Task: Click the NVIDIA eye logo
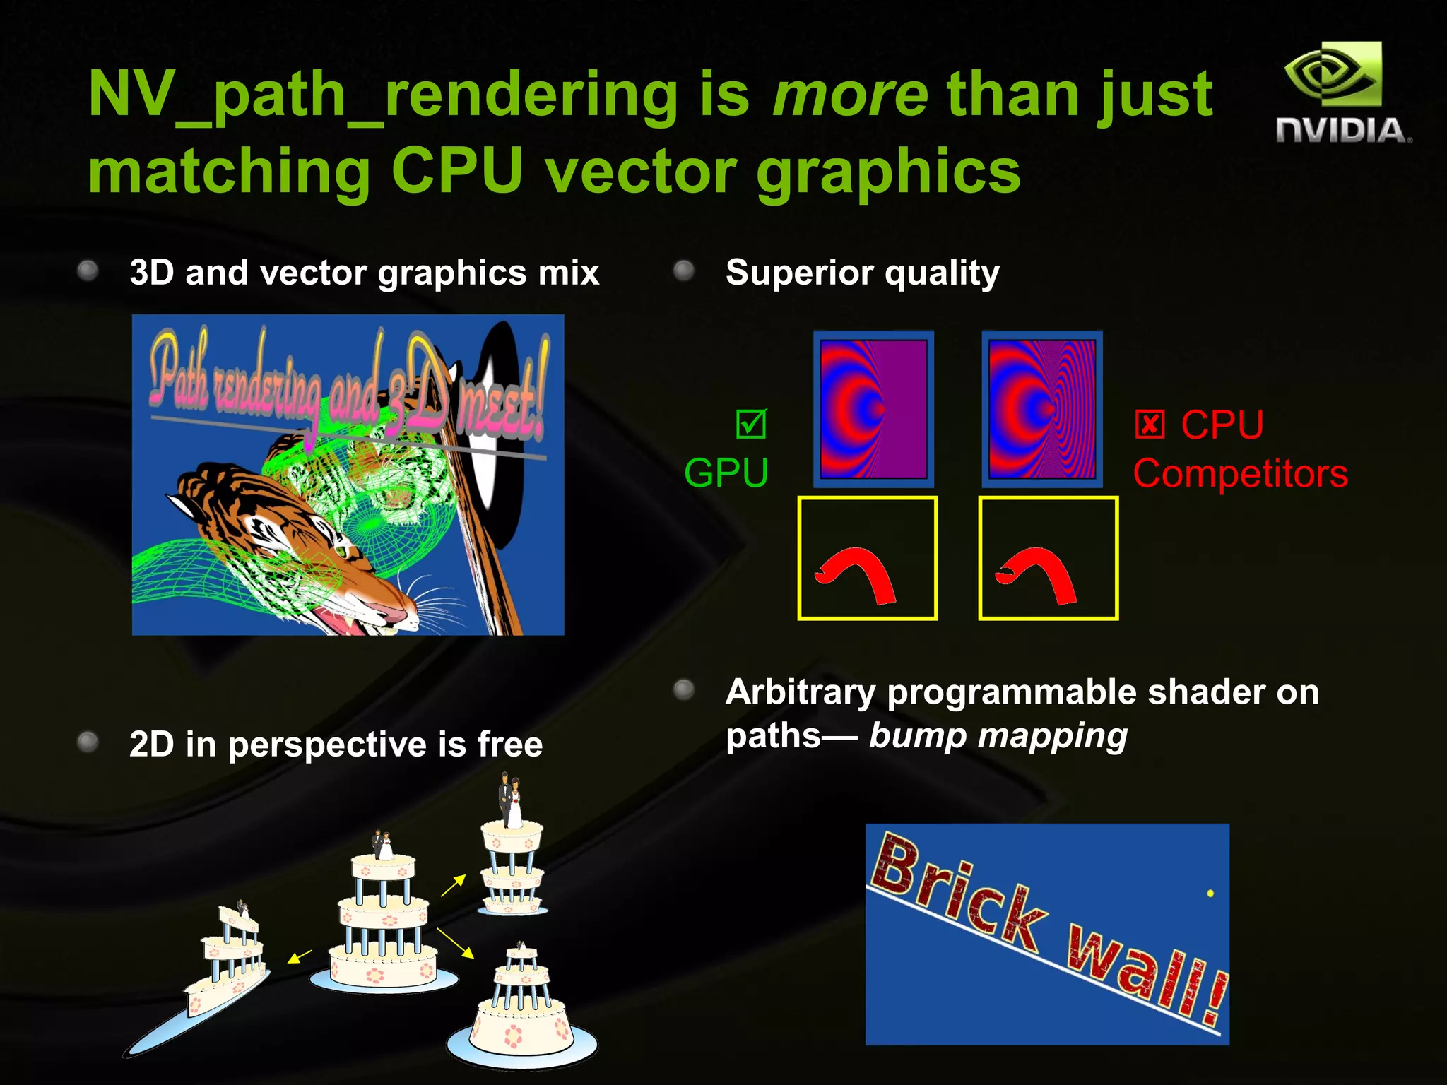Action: click(1333, 75)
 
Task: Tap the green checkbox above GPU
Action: click(750, 424)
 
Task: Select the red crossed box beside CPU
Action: click(1150, 425)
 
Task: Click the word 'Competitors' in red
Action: click(1240, 473)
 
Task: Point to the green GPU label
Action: click(726, 473)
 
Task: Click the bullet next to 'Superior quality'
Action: click(683, 271)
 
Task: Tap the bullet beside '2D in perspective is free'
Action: click(88, 742)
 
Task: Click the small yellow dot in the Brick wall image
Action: click(1210, 894)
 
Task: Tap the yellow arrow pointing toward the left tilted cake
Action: click(300, 956)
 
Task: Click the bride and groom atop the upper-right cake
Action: click(510, 802)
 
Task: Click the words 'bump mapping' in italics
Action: click(998, 736)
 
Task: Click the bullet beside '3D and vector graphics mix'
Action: click(88, 271)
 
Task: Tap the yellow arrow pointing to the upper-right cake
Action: click(453, 885)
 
